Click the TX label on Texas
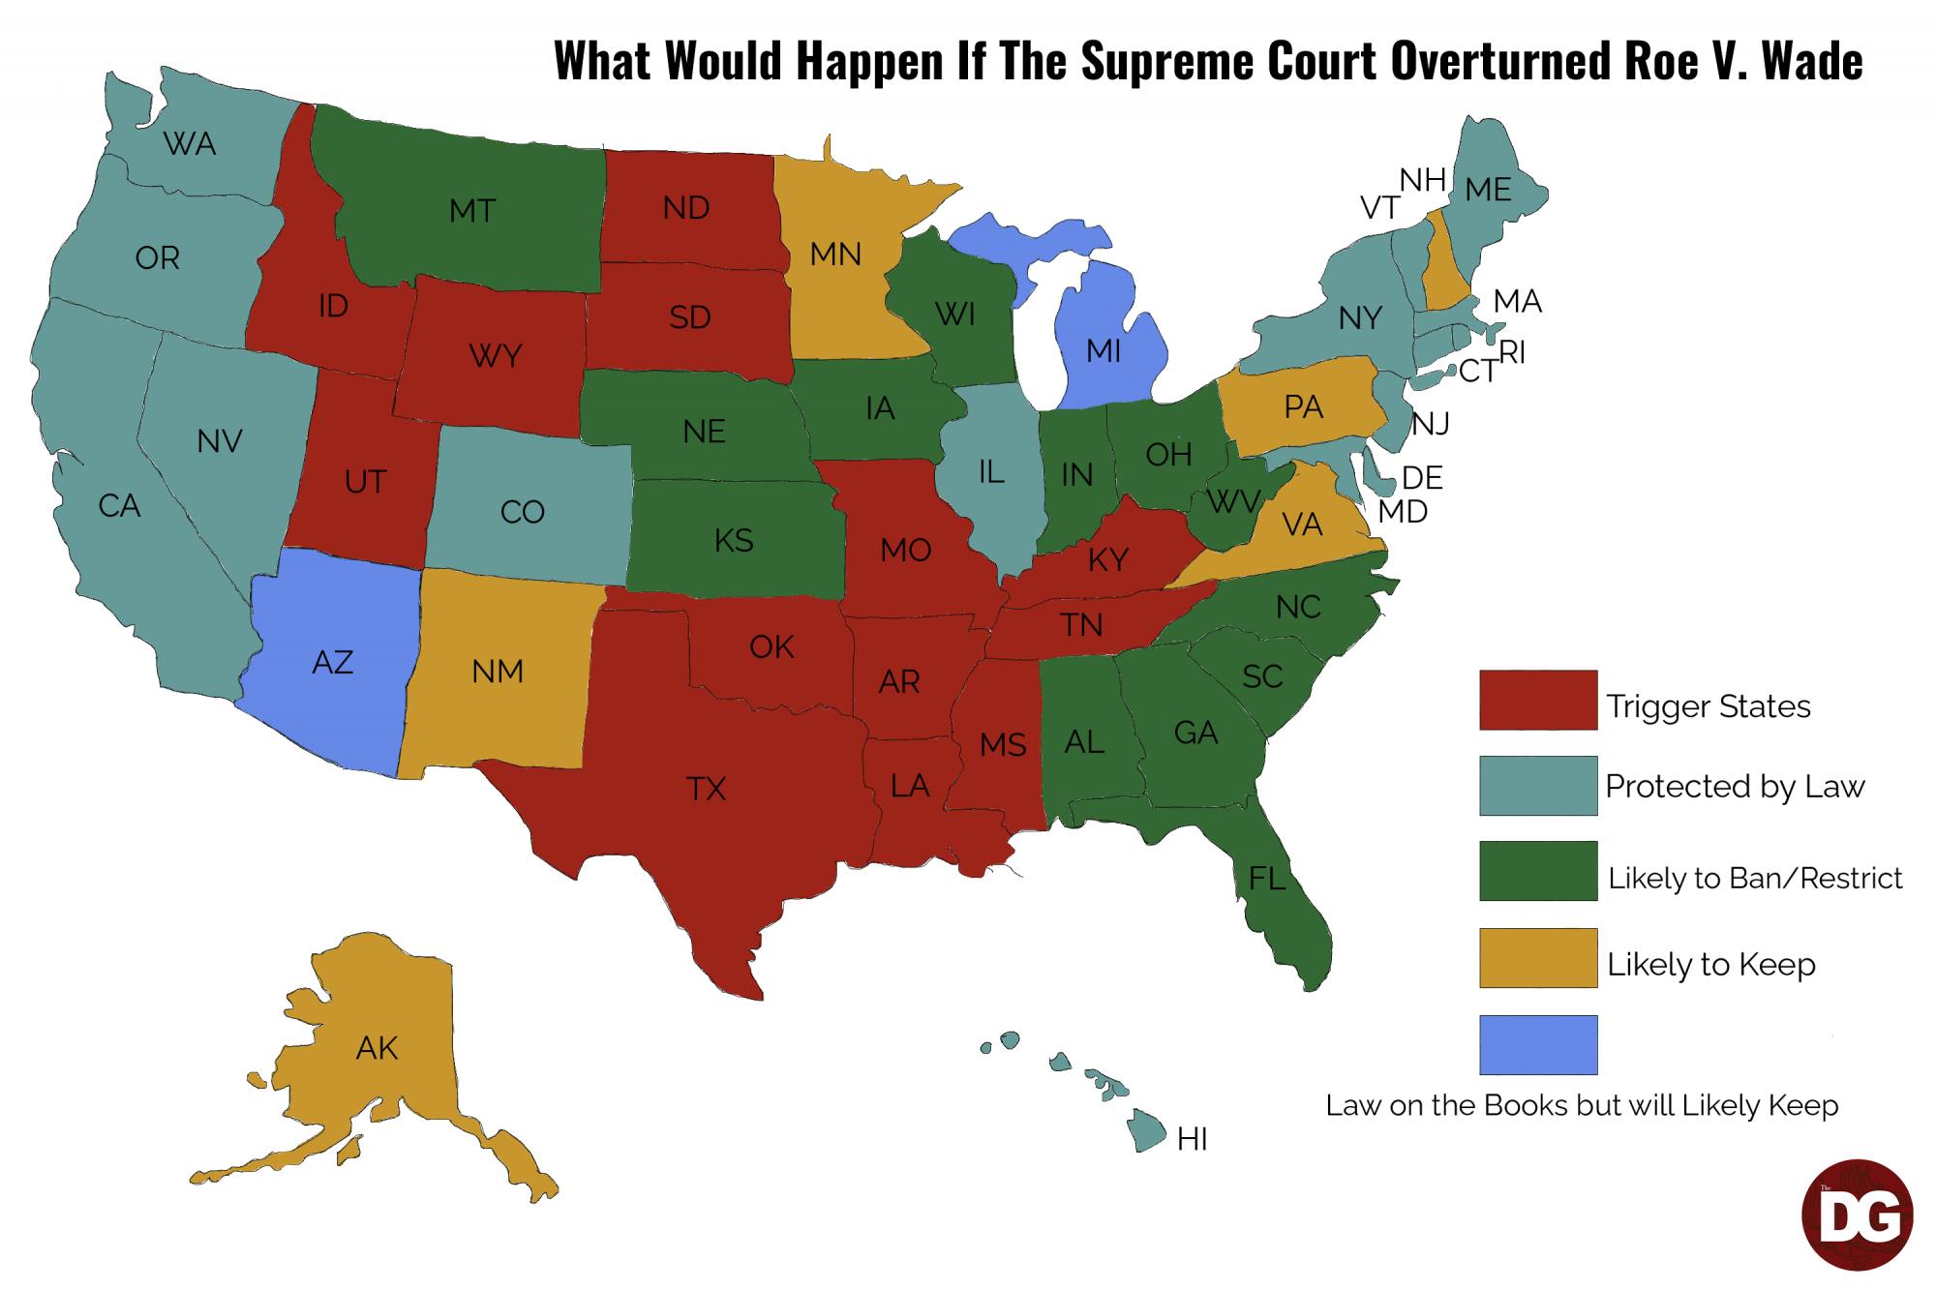tap(706, 790)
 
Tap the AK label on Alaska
tap(377, 1048)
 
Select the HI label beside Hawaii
tap(1193, 1140)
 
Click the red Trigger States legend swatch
tap(1537, 700)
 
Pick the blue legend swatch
tap(1537, 1044)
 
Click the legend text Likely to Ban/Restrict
tap(1754, 879)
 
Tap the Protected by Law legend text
tap(1734, 787)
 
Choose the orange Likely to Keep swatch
tap(1537, 958)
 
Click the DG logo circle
tap(1857, 1215)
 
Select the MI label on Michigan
tap(1104, 350)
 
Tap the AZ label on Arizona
tap(332, 663)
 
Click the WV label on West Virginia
tap(1233, 502)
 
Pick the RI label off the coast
tap(1512, 353)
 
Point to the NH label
tap(1422, 180)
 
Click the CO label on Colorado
tap(523, 512)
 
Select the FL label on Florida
tap(1266, 879)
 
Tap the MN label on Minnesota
tap(835, 255)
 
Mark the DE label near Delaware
tap(1422, 478)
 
